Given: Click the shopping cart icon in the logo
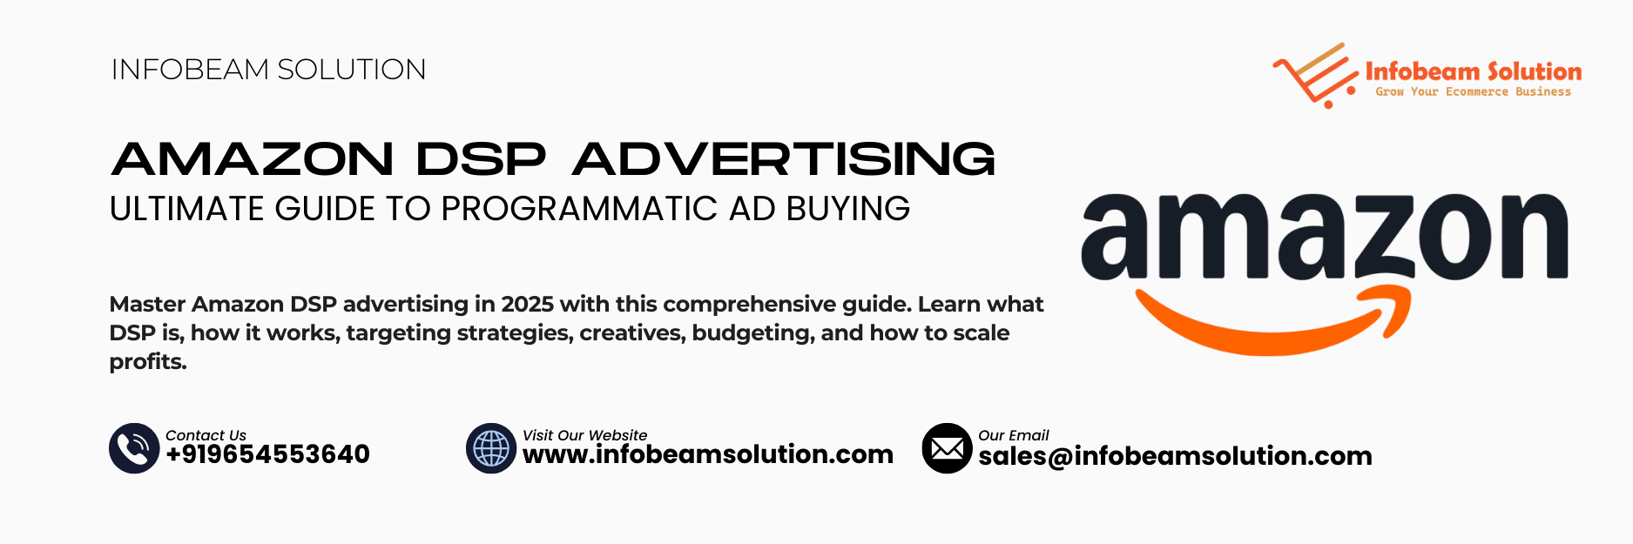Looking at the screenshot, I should click(x=1315, y=77).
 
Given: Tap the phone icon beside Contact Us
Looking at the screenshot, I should click(x=134, y=448).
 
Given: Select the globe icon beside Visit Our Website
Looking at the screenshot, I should click(x=491, y=448).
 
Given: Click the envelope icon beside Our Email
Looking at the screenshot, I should click(x=947, y=448).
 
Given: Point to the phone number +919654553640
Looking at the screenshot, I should click(x=267, y=454).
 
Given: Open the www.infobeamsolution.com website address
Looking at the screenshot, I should click(x=707, y=454).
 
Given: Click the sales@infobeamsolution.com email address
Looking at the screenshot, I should click(x=1175, y=456).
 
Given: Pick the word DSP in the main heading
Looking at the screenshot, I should click(x=481, y=159).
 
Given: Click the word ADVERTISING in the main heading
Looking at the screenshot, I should click(x=784, y=159).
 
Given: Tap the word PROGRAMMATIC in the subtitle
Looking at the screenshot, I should click(x=580, y=209).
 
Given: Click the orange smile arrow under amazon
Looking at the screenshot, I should click(x=1272, y=324).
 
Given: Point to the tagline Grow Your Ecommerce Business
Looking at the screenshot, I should click(x=1473, y=91).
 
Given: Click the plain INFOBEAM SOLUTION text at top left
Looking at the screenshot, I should click(x=268, y=70).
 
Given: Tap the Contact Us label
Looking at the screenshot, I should click(x=206, y=435).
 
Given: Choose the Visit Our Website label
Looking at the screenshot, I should click(x=584, y=435).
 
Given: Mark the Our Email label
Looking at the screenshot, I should click(x=1013, y=435).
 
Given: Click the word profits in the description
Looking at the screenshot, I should click(x=147, y=361).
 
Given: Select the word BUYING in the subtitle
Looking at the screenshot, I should click(x=847, y=209).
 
